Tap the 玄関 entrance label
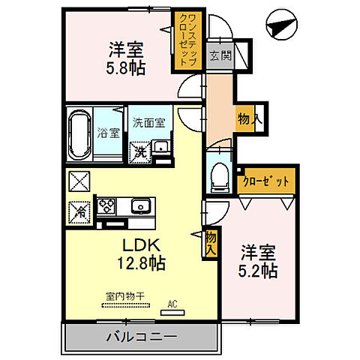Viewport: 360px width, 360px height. click(219, 55)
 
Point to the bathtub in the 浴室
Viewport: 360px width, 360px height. click(79, 135)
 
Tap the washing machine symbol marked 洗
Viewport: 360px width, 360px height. click(140, 150)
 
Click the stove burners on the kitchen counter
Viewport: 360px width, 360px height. click(106, 205)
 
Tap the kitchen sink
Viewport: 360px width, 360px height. click(139, 205)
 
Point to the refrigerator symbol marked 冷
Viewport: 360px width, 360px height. click(78, 211)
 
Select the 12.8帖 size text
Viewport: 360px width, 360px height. click(139, 263)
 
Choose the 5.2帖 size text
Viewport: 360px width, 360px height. click(258, 270)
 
